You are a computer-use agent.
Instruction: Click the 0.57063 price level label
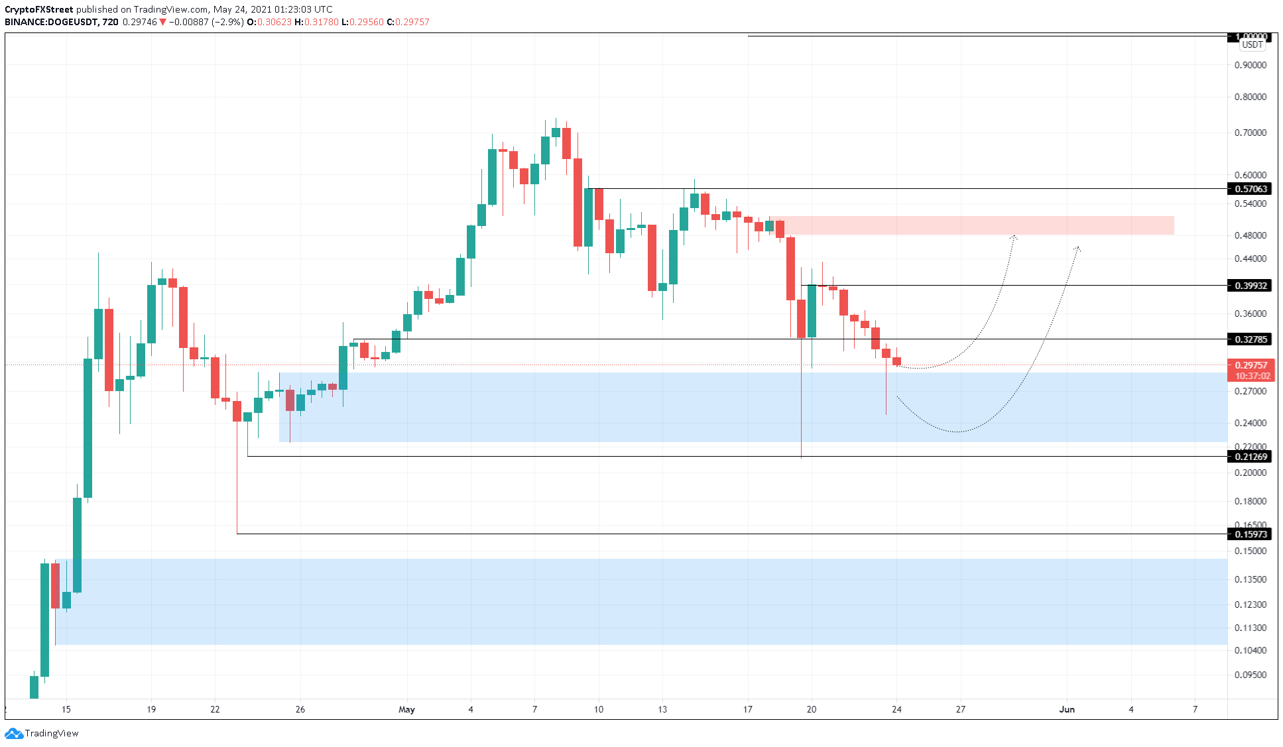[1250, 189]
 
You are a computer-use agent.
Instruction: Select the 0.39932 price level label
[1250, 286]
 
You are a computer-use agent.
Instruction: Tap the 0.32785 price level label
[1250, 339]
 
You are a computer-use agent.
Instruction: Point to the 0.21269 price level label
[1250, 457]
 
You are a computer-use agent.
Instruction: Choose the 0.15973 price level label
[1250, 534]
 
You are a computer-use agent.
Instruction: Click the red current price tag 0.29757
[1251, 365]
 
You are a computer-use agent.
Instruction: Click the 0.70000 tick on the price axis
[1250, 133]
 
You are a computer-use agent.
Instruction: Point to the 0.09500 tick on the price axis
[1250, 675]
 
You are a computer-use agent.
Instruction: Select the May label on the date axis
[406, 709]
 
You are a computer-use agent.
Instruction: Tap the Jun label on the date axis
[1066, 709]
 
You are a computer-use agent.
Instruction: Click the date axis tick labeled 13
[662, 709]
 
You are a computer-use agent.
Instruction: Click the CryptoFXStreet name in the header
[38, 9]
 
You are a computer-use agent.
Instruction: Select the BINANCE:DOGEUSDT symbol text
[51, 22]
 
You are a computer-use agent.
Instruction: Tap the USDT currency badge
[1252, 45]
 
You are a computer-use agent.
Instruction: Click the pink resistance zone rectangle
[975, 225]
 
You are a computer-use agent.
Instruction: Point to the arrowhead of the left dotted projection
[1014, 237]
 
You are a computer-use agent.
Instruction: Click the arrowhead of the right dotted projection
[1077, 248]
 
